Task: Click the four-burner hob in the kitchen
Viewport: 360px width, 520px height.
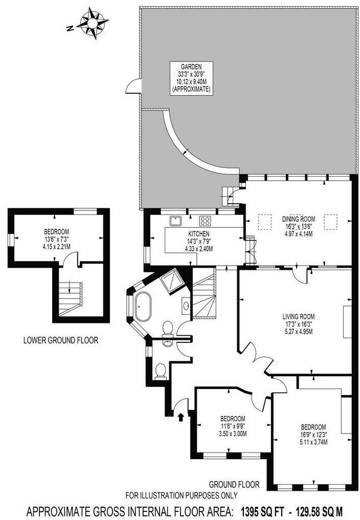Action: pyautogui.click(x=206, y=221)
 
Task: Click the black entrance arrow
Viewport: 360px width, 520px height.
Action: pyautogui.click(x=181, y=417)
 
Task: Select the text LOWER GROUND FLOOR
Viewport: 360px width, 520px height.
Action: pyautogui.click(x=60, y=340)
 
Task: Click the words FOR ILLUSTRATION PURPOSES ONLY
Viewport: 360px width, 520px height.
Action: pyautogui.click(x=182, y=495)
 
